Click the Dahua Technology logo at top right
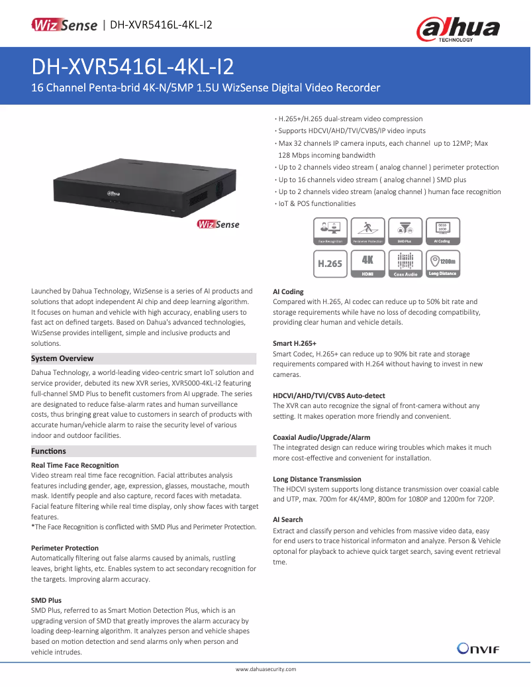click(458, 29)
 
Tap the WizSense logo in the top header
click(64, 25)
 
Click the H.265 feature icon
click(330, 263)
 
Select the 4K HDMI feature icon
click(367, 263)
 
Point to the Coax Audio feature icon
click(405, 263)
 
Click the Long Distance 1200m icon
click(442, 263)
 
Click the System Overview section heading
click(63, 358)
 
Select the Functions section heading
click(49, 451)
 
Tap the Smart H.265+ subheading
click(295, 343)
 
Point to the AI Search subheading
click(288, 520)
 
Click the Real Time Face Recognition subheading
click(75, 465)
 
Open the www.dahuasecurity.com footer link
click(265, 670)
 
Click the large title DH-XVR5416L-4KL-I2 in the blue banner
click(132, 67)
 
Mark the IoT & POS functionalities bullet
click(316, 203)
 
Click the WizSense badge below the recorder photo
click(218, 225)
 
